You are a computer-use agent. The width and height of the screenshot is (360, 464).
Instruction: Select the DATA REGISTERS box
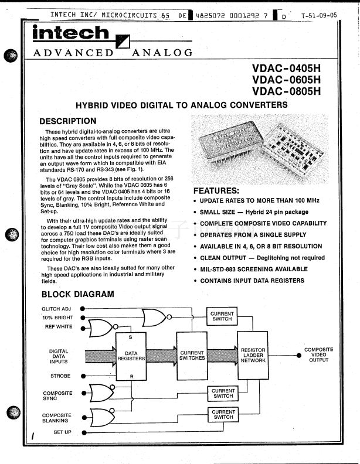pos(131,355)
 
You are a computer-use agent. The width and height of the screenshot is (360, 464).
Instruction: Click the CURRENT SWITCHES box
pos(192,355)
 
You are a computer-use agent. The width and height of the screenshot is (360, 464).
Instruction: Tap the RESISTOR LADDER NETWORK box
pos(253,355)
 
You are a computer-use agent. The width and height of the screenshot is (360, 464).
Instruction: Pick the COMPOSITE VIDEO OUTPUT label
pos(318,355)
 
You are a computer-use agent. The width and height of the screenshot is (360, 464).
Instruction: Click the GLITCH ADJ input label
pos(56,308)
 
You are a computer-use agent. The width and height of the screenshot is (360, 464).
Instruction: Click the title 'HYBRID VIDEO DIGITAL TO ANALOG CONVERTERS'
pos(182,105)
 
